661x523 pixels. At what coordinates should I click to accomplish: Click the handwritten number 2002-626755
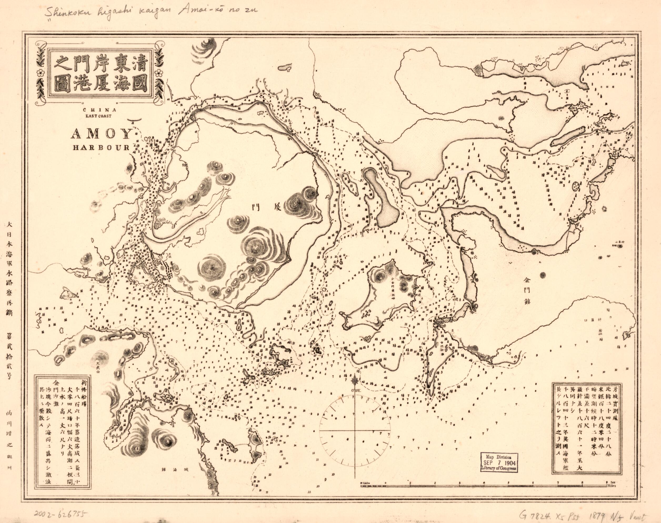pos(60,514)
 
